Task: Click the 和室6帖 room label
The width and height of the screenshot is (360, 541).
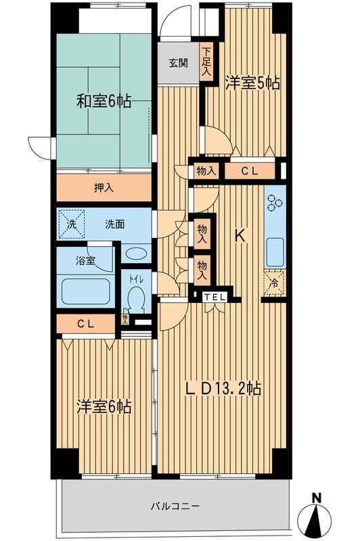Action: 104,102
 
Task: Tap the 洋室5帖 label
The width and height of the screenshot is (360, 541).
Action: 252,83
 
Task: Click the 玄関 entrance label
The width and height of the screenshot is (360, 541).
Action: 178,64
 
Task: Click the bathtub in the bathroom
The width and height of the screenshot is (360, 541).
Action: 86,291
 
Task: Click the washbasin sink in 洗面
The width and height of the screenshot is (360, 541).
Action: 139,254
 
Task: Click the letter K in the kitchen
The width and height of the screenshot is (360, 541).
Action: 240,236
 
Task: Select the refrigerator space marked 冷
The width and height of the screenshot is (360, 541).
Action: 274,284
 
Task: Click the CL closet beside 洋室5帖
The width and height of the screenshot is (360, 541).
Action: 250,171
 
